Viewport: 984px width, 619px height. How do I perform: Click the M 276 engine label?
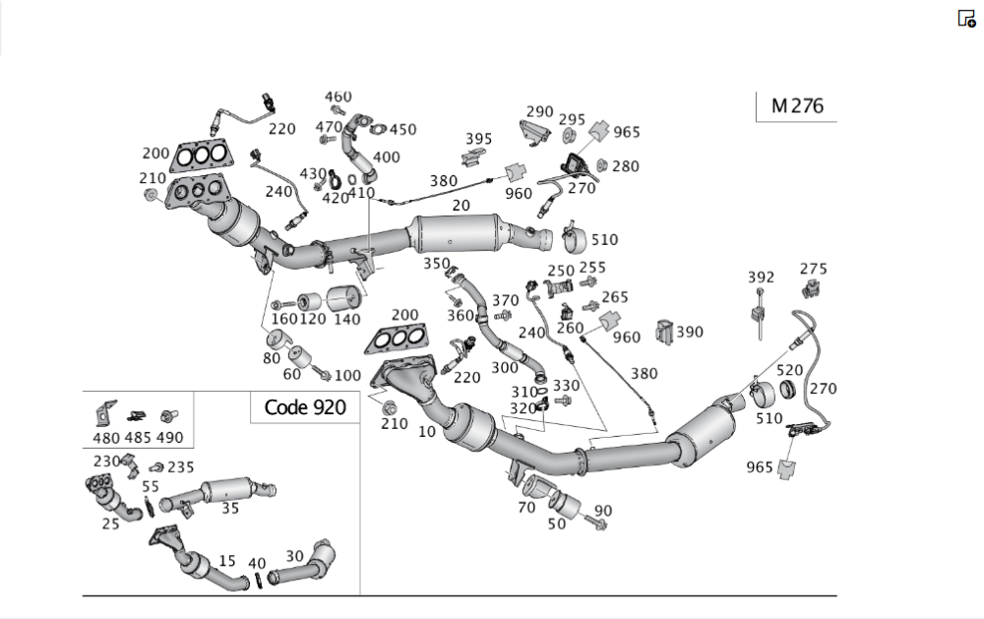tap(796, 106)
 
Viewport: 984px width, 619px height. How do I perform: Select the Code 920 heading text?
tap(305, 406)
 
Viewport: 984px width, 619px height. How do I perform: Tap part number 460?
tap(338, 96)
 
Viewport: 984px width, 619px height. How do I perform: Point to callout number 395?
tap(478, 139)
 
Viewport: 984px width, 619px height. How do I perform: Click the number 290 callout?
tap(539, 112)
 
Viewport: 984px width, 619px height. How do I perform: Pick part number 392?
tap(761, 278)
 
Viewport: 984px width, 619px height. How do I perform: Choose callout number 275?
tap(813, 269)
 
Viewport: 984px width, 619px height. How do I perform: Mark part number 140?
tap(347, 320)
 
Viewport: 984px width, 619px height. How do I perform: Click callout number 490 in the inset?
tap(169, 438)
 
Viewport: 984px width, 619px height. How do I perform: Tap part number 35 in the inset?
tap(229, 509)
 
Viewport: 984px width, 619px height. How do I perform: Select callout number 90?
tap(602, 510)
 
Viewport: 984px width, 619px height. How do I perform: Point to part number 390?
tap(689, 332)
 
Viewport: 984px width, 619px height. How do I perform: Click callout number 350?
tap(436, 264)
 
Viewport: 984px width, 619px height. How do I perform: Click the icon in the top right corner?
tap(966, 18)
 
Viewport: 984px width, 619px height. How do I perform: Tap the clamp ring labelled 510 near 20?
tap(574, 239)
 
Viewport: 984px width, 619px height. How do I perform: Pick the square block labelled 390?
tap(664, 332)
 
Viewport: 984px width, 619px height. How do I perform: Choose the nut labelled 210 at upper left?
tap(152, 196)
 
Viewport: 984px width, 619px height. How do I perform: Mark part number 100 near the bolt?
tap(347, 375)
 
